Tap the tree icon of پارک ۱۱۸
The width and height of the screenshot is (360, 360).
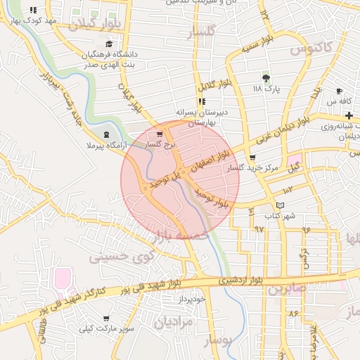click(x=266, y=77)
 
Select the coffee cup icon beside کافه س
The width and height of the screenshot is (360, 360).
click(x=340, y=91)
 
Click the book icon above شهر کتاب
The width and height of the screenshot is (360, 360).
click(x=281, y=205)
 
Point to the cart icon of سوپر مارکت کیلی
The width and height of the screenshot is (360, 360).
click(x=105, y=319)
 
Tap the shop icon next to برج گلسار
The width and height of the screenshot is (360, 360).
click(x=160, y=134)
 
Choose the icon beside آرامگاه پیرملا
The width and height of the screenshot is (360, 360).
click(x=105, y=134)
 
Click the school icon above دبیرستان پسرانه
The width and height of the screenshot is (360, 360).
click(x=202, y=101)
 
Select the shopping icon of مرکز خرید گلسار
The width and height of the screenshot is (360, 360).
click(x=252, y=158)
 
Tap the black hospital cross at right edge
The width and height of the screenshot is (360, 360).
click(x=349, y=115)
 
